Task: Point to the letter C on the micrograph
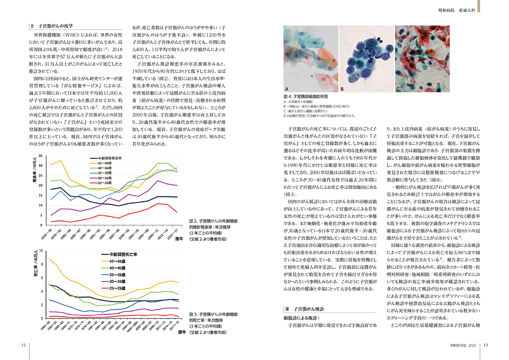point(398,89)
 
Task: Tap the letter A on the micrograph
point(287,89)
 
